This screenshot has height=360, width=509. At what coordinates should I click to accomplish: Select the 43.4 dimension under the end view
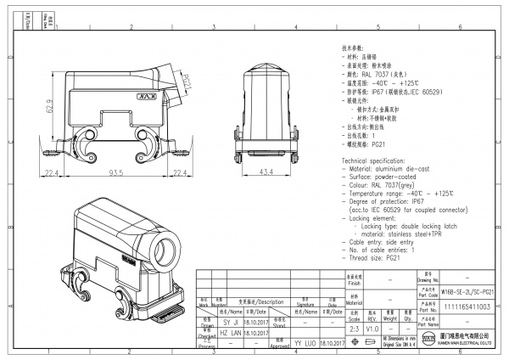266,172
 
